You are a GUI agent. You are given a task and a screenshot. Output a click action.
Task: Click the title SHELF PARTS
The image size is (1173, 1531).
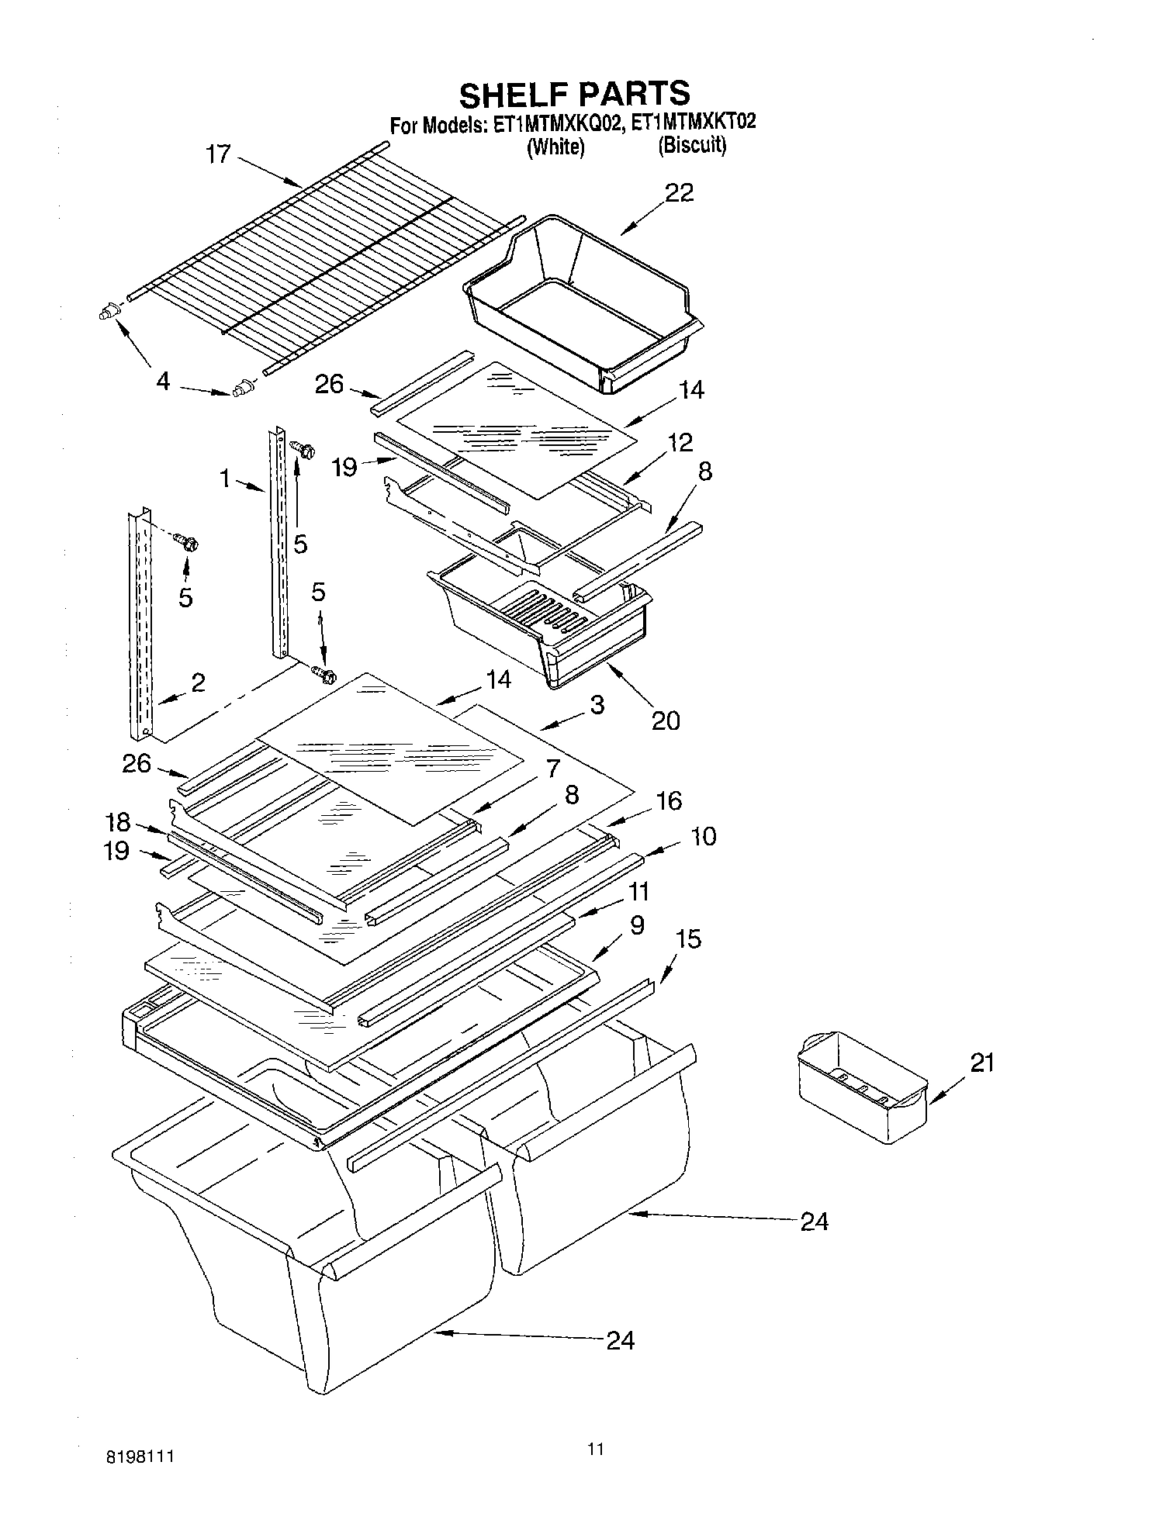tap(574, 94)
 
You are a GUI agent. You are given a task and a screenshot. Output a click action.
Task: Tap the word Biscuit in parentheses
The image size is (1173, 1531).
tap(692, 145)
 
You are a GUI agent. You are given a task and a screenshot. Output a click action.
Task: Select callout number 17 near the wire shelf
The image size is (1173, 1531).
tap(218, 154)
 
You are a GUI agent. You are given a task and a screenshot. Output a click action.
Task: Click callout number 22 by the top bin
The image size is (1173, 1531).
tap(679, 192)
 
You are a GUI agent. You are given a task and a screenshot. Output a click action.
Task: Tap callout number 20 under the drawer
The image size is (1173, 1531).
tap(665, 721)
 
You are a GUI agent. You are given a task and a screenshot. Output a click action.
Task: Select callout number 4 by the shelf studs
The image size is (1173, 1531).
tap(163, 381)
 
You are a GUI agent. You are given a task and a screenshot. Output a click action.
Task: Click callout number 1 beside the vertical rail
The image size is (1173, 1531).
tap(225, 479)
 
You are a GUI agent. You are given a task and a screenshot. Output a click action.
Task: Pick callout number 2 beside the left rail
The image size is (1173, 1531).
tap(198, 683)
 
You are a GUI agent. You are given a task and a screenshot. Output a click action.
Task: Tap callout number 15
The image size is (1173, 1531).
tap(688, 939)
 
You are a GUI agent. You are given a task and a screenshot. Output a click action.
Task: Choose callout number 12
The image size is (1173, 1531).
tap(680, 442)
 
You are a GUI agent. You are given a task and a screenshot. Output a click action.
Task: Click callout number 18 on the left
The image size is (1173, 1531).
tap(117, 822)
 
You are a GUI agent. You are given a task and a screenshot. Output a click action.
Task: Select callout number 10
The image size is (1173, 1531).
tap(703, 836)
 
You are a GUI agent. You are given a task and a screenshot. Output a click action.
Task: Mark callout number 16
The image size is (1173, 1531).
tap(668, 800)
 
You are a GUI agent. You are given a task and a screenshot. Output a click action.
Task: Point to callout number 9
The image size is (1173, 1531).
tap(636, 925)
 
